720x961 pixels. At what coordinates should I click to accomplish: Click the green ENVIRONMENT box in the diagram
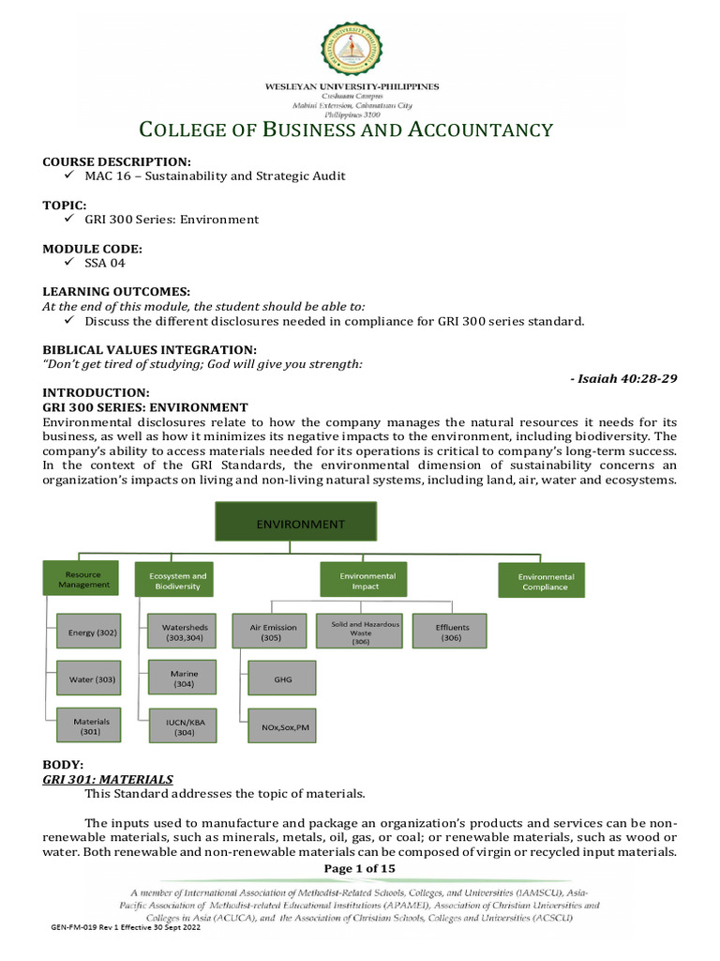tap(294, 525)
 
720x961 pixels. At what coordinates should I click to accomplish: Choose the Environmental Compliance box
tap(545, 581)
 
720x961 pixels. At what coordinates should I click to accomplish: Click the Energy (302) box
tap(92, 633)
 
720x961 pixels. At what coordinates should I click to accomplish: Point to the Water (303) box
tap(92, 678)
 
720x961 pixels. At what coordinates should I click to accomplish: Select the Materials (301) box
tap(92, 725)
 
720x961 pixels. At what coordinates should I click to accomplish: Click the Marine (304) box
tap(183, 679)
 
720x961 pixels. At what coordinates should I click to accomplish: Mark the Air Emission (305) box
tap(273, 633)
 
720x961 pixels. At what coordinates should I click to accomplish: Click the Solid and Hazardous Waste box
tap(361, 632)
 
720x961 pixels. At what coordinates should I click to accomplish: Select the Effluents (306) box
tap(452, 633)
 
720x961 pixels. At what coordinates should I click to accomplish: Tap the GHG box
tap(282, 678)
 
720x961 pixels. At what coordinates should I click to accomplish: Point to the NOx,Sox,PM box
tap(282, 725)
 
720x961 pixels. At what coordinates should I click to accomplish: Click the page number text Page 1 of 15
tap(359, 868)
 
